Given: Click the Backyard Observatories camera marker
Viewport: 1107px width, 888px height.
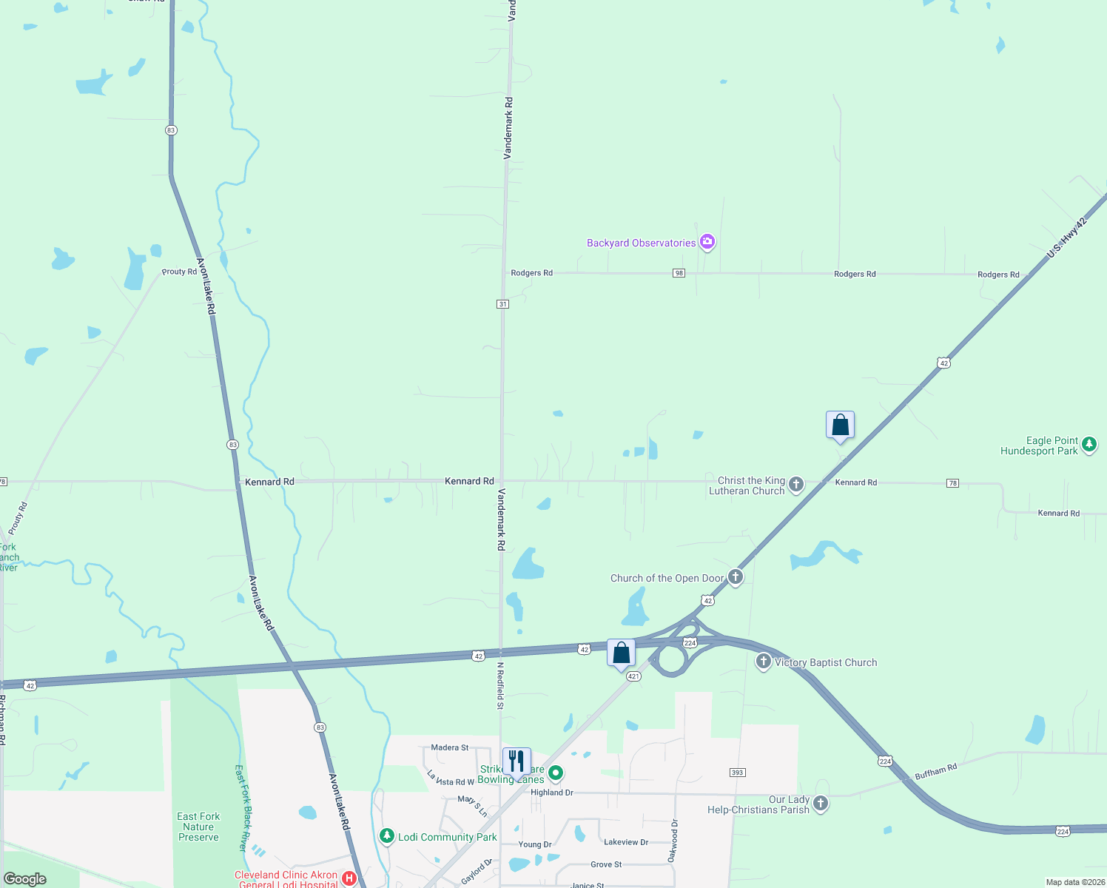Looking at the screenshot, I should coord(707,241).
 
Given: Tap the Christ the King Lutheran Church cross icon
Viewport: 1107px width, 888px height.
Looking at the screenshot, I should coord(795,485).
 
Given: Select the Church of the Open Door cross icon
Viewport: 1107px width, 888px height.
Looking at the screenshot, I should coord(735,577).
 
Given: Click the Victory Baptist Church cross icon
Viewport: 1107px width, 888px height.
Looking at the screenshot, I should coord(764,662).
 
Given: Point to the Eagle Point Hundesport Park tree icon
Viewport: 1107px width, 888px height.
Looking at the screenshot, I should coord(1089,445).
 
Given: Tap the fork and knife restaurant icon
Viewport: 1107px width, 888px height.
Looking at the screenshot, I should coord(517,761).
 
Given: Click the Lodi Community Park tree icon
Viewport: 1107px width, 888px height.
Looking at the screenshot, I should coord(386,836).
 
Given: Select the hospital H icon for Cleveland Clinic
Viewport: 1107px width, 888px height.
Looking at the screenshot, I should coord(349,878).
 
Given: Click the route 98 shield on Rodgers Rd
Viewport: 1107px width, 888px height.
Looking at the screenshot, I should coord(679,273).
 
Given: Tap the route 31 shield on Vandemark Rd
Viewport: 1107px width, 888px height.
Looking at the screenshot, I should coord(503,304).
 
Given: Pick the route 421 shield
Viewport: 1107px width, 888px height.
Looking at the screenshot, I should coord(633,676).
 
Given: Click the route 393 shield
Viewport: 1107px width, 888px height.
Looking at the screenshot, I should coord(737,773).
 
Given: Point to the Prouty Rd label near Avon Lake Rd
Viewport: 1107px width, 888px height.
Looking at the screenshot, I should coord(179,272).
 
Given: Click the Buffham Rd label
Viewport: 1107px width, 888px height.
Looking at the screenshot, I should coord(936,772).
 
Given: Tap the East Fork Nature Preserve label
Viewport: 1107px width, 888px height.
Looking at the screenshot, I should coord(198,827).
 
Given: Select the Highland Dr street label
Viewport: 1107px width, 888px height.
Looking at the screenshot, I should coord(552,793).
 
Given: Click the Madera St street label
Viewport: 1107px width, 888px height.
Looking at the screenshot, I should coord(450,747).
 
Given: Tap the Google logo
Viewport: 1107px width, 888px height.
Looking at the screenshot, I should coord(25,878).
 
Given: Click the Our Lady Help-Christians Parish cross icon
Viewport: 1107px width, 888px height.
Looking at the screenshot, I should coord(820,804).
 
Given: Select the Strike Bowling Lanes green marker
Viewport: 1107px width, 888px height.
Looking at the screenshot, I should coord(556,773).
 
